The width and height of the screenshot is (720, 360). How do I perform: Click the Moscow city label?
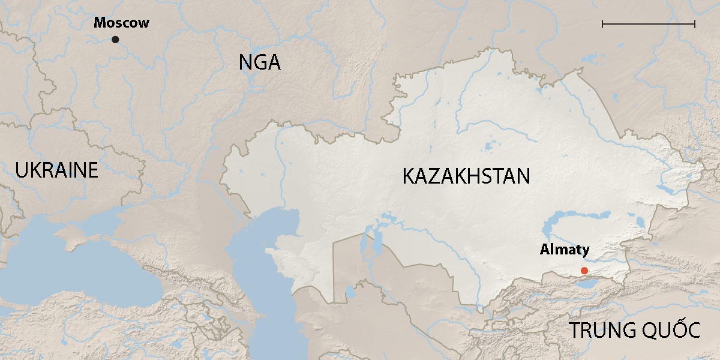point(121,23)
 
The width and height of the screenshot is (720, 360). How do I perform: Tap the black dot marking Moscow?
point(115,40)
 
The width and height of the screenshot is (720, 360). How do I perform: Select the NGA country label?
point(259,62)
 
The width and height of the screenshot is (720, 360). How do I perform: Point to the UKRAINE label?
point(56,170)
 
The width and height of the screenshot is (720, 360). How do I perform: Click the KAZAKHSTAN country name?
point(466,176)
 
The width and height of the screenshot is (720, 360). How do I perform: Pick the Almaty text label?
point(565,250)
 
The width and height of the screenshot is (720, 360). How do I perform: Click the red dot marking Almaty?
point(584,271)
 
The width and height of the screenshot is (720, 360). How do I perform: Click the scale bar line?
point(648,24)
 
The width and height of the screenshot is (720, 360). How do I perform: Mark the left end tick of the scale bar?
point(602,24)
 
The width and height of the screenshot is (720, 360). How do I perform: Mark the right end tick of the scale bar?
point(694,24)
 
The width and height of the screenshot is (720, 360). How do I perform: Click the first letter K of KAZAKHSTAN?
point(409,176)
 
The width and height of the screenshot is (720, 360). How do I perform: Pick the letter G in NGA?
point(259,62)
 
